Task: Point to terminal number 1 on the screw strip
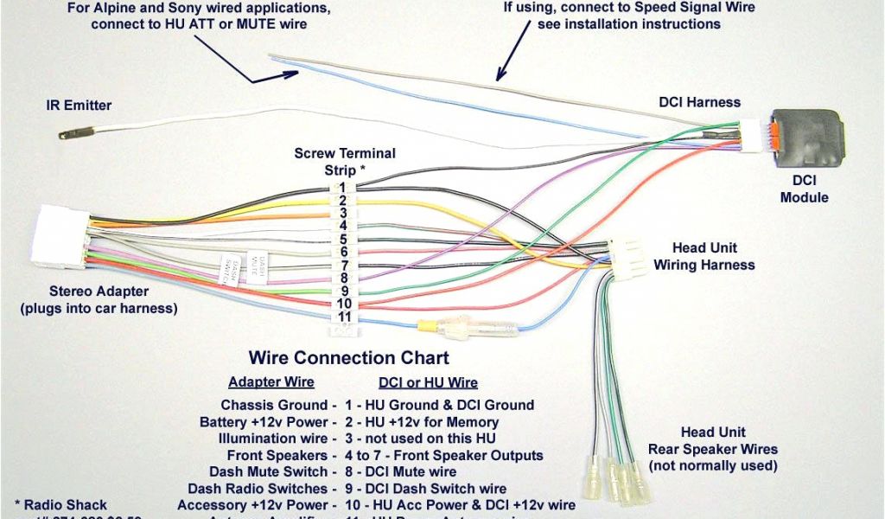tap(342, 187)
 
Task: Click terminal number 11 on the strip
tap(344, 317)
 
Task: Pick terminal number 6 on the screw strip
tap(343, 252)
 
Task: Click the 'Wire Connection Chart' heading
tap(349, 357)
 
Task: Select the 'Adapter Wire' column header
tap(271, 382)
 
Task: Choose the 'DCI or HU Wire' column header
tap(428, 382)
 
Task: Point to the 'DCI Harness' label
tap(699, 102)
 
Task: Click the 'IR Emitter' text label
tap(79, 106)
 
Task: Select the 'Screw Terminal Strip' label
tap(345, 161)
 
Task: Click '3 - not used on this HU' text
tap(422, 439)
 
